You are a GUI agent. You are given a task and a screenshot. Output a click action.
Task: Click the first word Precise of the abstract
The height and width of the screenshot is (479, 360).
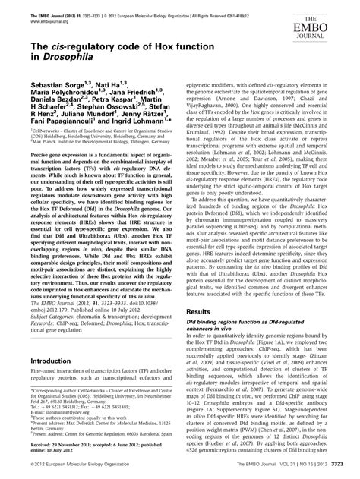pos(39,176)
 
